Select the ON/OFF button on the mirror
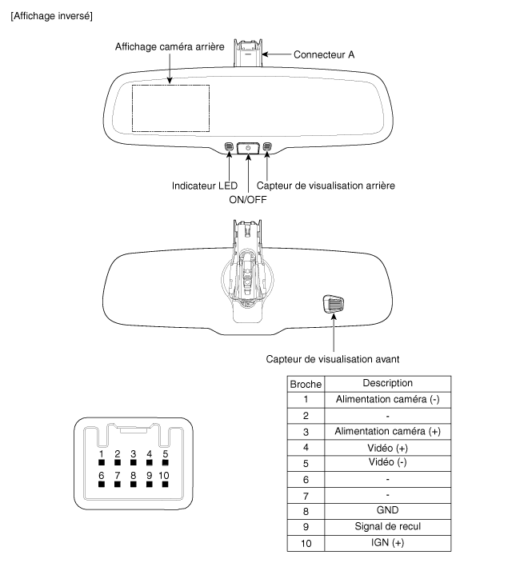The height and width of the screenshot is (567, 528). point(248,148)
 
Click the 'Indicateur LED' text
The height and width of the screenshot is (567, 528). point(204,186)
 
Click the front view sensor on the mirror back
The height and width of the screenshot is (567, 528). point(333,304)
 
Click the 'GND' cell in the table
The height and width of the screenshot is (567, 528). point(387,510)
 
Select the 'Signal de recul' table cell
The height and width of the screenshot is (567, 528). point(387,526)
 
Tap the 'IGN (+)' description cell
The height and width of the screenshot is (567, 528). point(387,542)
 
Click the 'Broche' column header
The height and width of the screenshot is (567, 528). point(305,384)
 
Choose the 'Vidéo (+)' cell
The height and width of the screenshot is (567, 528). point(387,447)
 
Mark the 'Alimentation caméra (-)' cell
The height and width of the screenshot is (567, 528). point(387,400)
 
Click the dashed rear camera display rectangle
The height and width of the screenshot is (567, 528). point(170,108)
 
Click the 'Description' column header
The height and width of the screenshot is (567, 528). point(387,384)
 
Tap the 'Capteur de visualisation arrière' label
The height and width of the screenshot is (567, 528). point(330,186)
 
